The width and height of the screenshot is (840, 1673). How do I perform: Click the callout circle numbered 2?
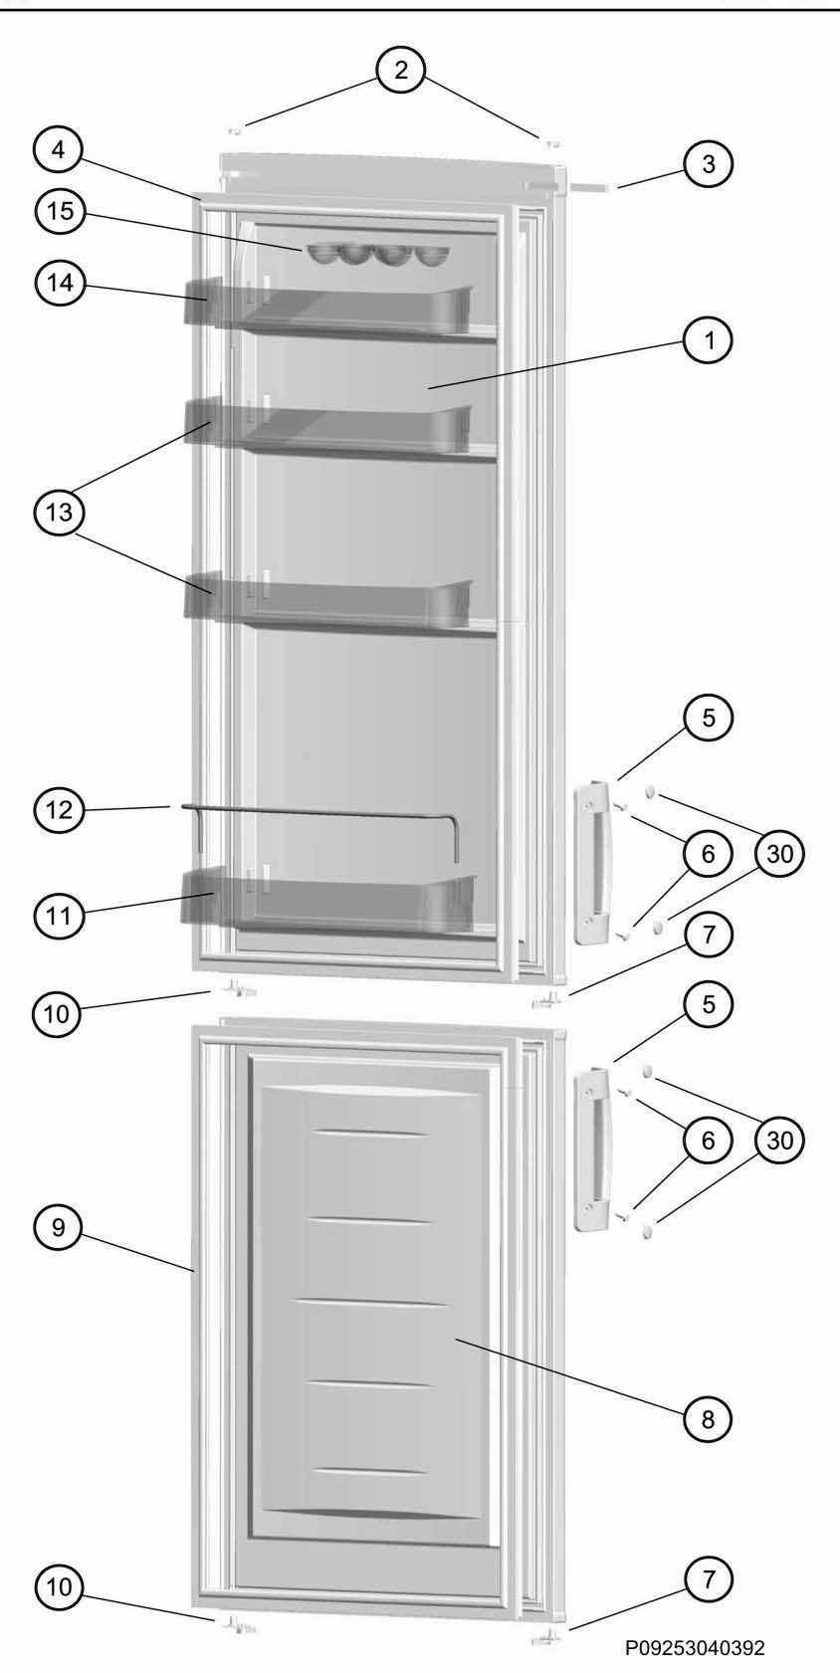click(401, 71)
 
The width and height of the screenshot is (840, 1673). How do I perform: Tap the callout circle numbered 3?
click(708, 163)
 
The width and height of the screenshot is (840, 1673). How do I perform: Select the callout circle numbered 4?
click(59, 150)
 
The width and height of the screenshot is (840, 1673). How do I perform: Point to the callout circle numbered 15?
click(61, 211)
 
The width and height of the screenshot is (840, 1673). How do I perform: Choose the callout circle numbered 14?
click(61, 283)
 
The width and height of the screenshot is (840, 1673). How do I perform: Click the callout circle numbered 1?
click(708, 340)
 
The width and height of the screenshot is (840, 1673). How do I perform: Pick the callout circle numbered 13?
click(59, 514)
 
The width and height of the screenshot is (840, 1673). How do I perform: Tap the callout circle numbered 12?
click(59, 809)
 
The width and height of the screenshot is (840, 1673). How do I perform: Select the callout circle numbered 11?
click(59, 915)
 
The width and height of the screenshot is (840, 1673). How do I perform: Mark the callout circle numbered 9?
click(59, 1228)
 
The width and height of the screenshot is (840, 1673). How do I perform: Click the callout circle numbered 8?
click(708, 1419)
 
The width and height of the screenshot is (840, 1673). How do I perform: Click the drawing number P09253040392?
click(695, 1647)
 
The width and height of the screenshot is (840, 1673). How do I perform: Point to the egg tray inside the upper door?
click(378, 255)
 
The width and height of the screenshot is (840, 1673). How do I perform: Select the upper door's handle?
click(594, 862)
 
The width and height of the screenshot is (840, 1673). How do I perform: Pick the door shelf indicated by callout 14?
click(328, 308)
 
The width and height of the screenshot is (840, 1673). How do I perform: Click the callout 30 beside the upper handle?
click(779, 853)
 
